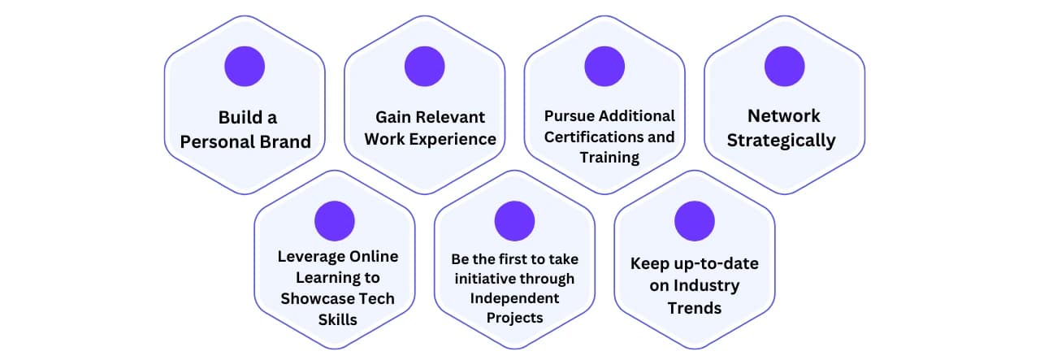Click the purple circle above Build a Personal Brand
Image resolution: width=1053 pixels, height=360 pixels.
(245, 67)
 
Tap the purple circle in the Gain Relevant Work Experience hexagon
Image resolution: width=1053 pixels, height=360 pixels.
(424, 67)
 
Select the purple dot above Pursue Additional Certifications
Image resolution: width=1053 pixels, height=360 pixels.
(604, 67)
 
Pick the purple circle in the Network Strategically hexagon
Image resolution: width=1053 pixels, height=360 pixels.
(784, 67)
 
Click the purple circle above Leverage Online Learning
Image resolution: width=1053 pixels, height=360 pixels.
(335, 221)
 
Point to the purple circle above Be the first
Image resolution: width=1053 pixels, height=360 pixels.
(514, 221)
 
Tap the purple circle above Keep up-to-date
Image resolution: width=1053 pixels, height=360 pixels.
(695, 221)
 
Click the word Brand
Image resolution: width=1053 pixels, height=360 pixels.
(284, 142)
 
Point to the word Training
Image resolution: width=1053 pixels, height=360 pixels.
(609, 157)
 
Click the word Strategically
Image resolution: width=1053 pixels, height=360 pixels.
(781, 141)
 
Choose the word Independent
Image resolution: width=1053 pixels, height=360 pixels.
(514, 298)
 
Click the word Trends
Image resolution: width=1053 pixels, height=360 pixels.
(694, 308)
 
